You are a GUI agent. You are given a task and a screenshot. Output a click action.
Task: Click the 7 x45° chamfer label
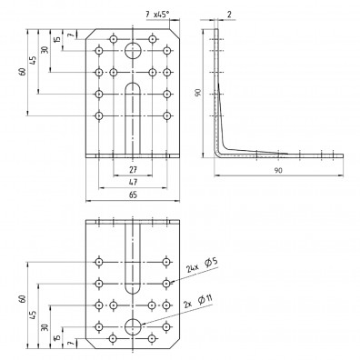point(157,14)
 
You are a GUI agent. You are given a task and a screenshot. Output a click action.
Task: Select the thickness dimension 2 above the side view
point(229,14)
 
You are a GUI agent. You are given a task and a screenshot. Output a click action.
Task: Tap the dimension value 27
point(133,170)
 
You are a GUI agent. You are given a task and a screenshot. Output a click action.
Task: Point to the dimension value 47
point(133,182)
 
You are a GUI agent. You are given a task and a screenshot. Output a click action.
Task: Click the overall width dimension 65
point(133,195)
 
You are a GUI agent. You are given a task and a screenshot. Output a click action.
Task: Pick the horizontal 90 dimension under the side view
point(278,170)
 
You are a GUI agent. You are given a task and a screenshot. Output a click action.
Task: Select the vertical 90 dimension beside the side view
point(198,93)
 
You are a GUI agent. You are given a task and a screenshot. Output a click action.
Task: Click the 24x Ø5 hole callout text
point(202,265)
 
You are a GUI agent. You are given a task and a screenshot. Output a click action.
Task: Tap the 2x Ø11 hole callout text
point(198,302)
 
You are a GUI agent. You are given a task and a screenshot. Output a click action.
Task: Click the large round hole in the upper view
point(133,50)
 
